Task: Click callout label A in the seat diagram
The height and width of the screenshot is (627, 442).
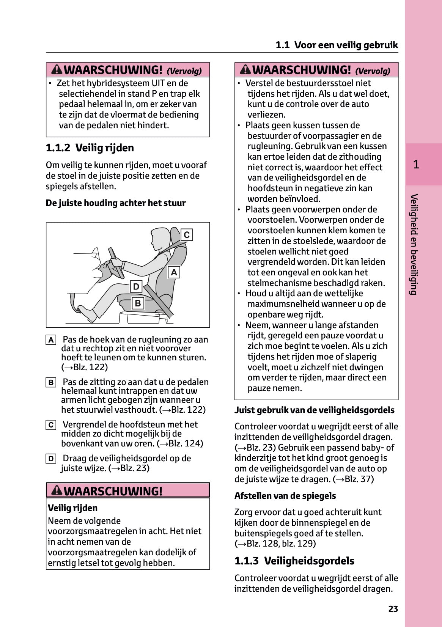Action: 174,272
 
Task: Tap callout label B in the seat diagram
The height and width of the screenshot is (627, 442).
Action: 138,303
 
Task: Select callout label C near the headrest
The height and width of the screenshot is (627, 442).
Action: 186,235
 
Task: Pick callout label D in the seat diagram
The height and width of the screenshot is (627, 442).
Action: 136,286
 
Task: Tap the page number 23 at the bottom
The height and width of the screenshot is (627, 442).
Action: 393,609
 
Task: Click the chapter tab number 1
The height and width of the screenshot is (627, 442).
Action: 416,164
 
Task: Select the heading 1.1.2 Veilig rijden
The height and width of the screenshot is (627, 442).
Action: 90,148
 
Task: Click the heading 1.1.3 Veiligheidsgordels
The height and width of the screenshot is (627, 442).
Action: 294,561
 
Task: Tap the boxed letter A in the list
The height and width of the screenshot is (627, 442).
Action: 51,340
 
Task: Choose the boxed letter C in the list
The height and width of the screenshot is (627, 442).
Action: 51,425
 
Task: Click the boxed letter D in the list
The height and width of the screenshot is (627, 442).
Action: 51,459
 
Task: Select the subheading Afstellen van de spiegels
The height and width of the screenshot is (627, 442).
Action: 285,496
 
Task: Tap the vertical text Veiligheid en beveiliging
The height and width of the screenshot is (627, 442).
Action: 414,244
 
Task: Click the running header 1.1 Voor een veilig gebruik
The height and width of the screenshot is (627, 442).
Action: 337,45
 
